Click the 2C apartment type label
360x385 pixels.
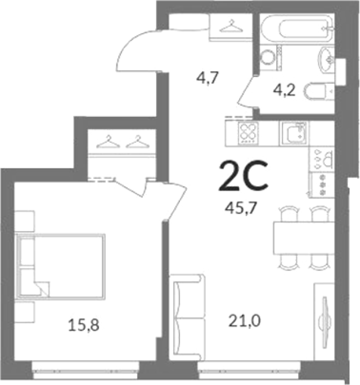pyautogui.click(x=243, y=175)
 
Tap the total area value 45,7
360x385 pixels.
pyautogui.click(x=241, y=209)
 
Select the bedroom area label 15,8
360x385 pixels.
pyautogui.click(x=84, y=325)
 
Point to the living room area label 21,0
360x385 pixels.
pyautogui.click(x=245, y=321)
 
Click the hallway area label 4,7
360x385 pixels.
pyautogui.click(x=208, y=78)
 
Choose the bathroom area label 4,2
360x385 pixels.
pyautogui.click(x=284, y=90)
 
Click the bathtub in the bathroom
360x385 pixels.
pyautogui.click(x=298, y=29)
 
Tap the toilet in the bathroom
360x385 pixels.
pyautogui.click(x=319, y=92)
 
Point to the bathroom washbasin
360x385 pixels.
pyautogui.click(x=326, y=60)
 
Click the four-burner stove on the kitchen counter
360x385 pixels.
pyautogui.click(x=248, y=133)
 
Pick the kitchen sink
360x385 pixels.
pyautogui.click(x=294, y=133)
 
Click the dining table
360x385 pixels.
pyautogui.click(x=304, y=238)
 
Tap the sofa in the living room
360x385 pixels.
pyautogui.click(x=187, y=317)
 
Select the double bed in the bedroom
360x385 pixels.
pyautogui.click(x=61, y=266)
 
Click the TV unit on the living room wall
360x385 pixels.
pyautogui.click(x=325, y=321)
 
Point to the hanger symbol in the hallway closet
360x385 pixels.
pyautogui.click(x=231, y=26)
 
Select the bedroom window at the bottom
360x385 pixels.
pyautogui.click(x=85, y=369)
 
